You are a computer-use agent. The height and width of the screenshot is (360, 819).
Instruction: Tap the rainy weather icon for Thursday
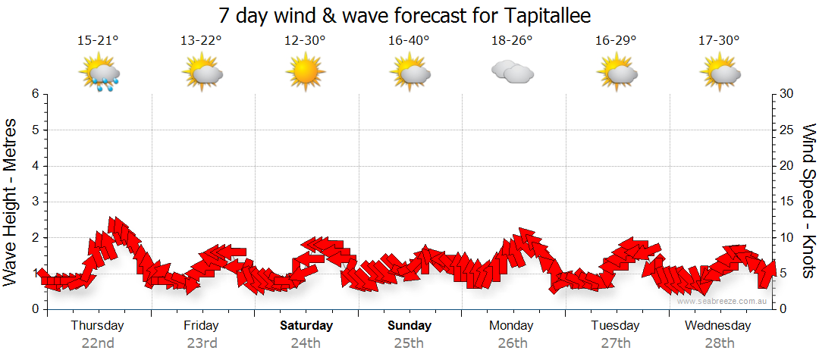point(99,74)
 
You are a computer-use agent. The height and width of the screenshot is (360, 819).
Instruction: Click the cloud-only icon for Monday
point(512,72)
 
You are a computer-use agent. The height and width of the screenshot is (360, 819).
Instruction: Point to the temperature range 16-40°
point(408,41)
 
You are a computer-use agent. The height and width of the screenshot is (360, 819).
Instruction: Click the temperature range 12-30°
point(305,41)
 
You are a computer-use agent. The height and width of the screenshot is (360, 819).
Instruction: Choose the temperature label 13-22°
point(201,41)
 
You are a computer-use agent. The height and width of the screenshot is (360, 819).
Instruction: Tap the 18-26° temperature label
point(512,41)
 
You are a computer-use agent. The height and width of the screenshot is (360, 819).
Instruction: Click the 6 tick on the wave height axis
point(34,94)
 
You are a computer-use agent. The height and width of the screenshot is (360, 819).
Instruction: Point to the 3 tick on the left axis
point(34,202)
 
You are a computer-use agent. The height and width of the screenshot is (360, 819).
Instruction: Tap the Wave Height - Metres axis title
point(11,202)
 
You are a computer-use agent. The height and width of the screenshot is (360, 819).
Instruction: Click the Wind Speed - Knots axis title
point(808,202)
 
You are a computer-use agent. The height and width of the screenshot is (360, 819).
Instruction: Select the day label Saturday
point(306,326)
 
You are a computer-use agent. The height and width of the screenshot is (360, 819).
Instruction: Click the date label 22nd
point(98,343)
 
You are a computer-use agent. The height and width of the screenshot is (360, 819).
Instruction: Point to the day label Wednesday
point(717,326)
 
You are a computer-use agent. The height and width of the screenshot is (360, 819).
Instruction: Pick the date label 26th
point(513,343)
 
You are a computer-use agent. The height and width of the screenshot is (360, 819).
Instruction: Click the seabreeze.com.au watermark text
point(723,301)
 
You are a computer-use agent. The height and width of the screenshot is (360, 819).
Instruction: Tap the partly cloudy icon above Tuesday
point(616,73)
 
